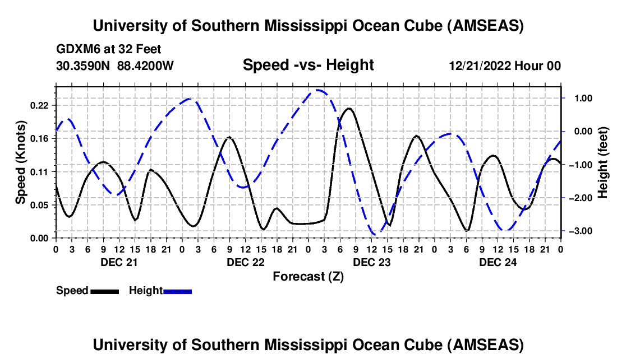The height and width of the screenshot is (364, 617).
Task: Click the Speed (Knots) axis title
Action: coord(21,162)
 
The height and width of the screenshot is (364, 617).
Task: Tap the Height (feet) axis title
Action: coord(603,162)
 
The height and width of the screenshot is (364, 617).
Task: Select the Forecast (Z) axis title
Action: coord(308,276)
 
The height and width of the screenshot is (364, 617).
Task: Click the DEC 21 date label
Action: coord(119,262)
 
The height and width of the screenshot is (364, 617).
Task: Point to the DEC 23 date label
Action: coord(371,262)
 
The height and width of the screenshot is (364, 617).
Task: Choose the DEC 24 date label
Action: coord(498,262)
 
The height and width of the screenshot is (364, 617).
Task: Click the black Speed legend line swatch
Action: coord(105,291)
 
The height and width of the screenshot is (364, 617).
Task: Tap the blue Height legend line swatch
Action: coord(178,291)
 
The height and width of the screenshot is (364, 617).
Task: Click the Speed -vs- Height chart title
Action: coord(308,65)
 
